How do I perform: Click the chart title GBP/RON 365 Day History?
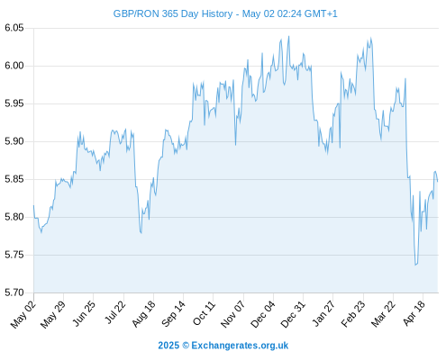(x=173, y=13)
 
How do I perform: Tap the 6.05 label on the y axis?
(x=14, y=28)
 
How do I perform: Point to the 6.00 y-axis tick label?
(x=14, y=66)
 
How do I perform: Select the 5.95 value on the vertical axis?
(x=14, y=103)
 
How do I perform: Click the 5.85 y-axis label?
(x=14, y=179)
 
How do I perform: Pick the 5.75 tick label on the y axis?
(x=14, y=255)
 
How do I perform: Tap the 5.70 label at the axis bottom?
(x=14, y=292)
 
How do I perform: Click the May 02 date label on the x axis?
(x=23, y=314)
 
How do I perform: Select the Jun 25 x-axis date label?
(x=84, y=313)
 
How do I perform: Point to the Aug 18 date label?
(x=143, y=314)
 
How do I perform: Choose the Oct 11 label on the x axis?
(x=204, y=313)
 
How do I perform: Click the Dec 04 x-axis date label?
(x=262, y=314)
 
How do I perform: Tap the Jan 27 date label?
(x=323, y=313)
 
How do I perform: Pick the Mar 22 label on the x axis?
(x=382, y=314)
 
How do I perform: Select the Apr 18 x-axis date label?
(x=414, y=313)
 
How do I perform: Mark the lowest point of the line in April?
(x=415, y=265)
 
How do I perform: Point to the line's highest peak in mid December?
(x=288, y=36)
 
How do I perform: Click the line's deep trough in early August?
(x=141, y=233)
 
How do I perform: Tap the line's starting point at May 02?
(x=33, y=205)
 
